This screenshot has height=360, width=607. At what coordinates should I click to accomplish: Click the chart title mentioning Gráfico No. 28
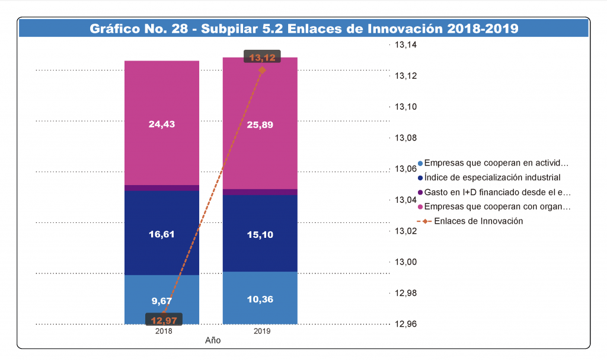pos(303,28)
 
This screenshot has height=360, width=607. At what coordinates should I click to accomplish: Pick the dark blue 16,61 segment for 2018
pos(161,234)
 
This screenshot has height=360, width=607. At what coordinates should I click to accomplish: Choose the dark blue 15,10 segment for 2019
pos(260,234)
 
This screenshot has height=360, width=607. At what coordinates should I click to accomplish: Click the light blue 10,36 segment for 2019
pos(260,298)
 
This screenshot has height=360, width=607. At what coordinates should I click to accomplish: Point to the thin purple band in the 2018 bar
pos(161,188)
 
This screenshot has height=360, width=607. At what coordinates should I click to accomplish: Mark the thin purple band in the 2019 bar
pos(260,192)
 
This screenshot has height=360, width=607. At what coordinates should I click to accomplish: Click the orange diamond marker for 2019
pos(262,70)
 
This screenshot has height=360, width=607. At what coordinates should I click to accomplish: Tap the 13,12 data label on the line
pos(262,58)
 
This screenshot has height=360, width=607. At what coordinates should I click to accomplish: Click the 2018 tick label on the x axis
pos(164,332)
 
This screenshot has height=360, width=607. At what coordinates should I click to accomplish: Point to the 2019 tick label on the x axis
pos(261,332)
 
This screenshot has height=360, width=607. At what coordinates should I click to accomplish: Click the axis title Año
pos(213,341)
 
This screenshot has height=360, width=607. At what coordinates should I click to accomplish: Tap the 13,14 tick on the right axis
pos(407,45)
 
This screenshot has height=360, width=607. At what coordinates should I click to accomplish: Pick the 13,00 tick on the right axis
pos(407,262)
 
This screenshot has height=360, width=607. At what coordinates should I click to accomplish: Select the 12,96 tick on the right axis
pos(407,324)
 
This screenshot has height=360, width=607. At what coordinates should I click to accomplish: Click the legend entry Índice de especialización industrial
pos(492,177)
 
